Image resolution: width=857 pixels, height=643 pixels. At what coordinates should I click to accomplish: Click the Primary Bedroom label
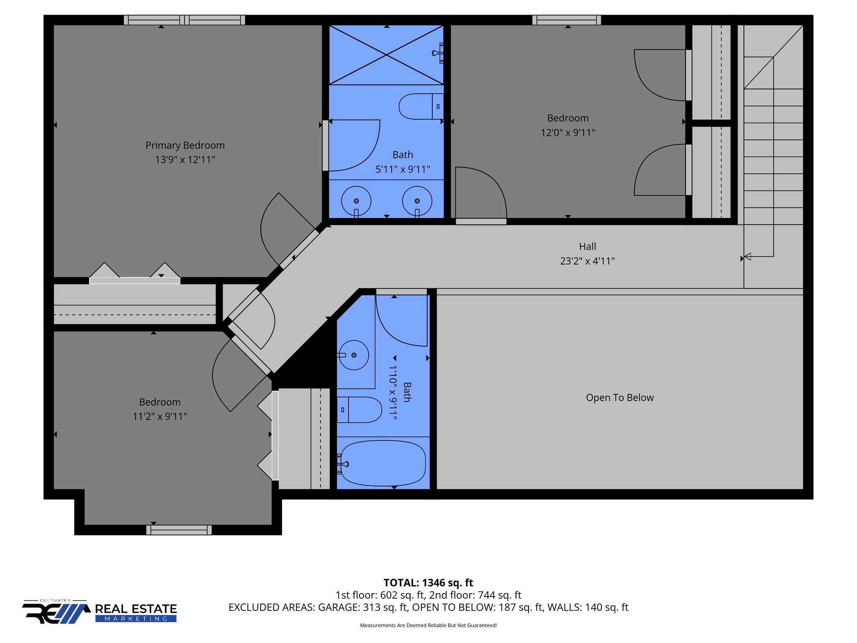pos(185,145)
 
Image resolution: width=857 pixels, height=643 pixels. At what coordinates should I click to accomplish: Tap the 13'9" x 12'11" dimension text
pos(185,160)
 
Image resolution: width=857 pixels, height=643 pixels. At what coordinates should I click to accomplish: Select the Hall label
pos(588,247)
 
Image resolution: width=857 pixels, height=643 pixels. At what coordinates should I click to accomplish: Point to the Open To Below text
pos(619,398)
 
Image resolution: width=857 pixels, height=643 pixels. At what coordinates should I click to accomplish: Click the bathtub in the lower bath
pos(383,463)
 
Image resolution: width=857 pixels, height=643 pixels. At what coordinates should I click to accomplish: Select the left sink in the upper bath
pos(356,201)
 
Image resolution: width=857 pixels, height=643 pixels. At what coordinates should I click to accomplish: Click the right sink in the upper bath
pos(417,201)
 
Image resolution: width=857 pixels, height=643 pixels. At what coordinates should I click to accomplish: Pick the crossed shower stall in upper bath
pos(386,55)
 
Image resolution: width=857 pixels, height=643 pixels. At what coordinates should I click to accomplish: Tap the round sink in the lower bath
pos(354,355)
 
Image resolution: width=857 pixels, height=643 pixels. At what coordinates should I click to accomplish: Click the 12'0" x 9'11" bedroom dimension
pos(568,133)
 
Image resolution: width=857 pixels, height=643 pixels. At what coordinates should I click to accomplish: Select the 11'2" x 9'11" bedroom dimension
pos(160,417)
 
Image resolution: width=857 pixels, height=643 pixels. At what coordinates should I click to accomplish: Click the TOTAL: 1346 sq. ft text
pos(428,583)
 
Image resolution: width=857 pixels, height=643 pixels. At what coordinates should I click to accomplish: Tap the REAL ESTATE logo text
pos(136,609)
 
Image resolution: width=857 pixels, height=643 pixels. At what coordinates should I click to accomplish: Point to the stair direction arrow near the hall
pos(748,257)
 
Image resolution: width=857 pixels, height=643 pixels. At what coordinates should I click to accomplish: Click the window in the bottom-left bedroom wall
pos(179,530)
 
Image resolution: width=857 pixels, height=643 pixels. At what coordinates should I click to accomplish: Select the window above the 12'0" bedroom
pos(567,20)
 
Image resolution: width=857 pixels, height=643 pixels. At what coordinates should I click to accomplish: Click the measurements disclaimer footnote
pos(428,625)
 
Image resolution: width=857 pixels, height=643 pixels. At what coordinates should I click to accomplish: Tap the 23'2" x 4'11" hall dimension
pos(588,261)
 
